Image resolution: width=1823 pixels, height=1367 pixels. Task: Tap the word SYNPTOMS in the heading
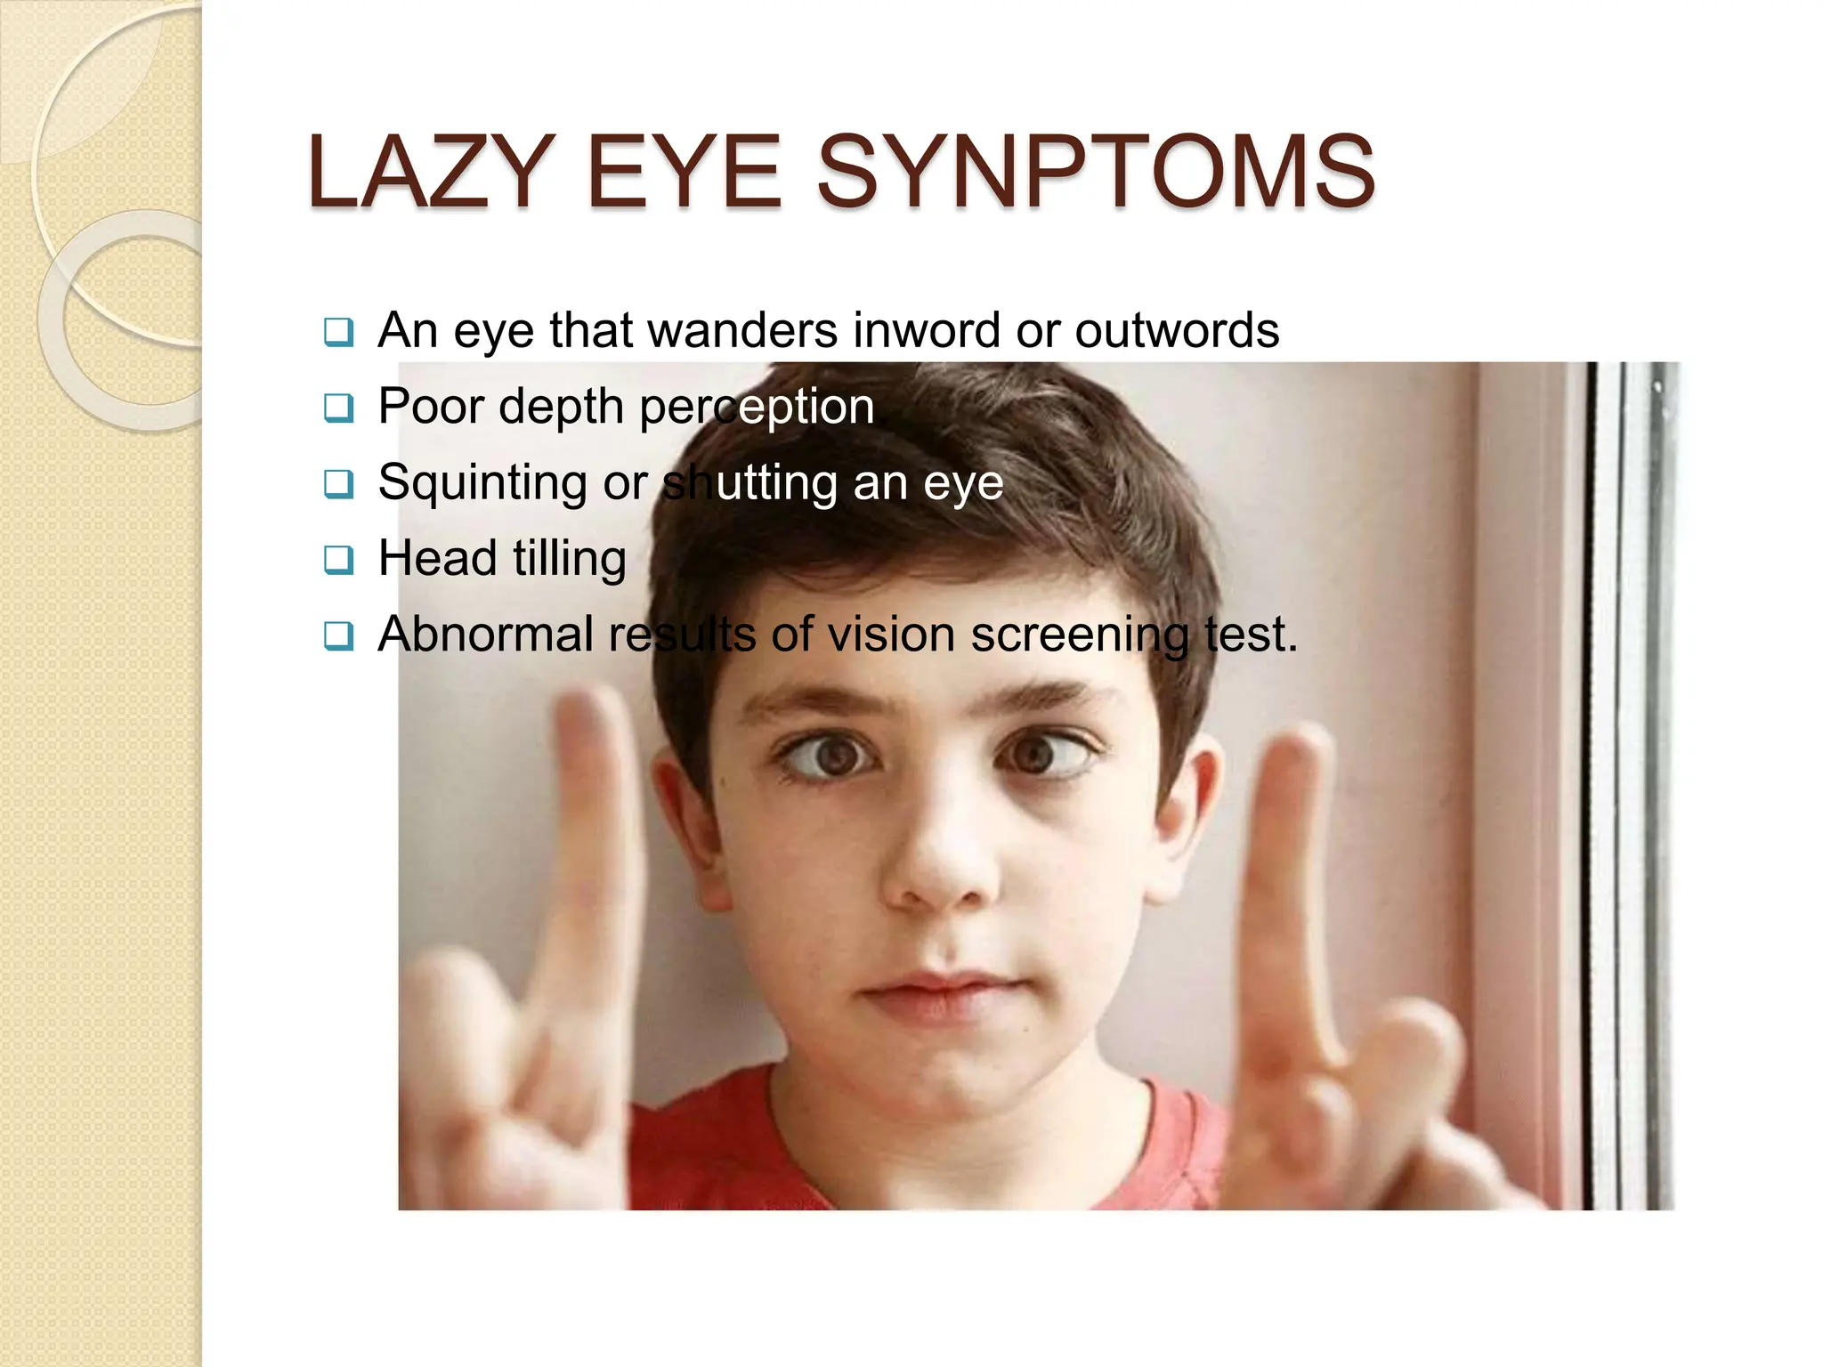point(1095,172)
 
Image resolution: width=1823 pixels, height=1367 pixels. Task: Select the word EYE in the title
point(683,172)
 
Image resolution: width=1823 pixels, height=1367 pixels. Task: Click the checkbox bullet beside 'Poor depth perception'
point(338,408)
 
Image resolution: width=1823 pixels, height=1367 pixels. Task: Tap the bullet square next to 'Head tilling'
point(338,560)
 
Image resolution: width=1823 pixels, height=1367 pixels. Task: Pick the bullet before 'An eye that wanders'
point(338,332)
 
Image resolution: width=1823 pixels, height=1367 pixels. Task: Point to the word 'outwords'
point(1177,331)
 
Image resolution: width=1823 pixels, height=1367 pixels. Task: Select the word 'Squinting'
point(482,483)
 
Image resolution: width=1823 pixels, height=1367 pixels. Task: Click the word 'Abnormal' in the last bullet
point(485,635)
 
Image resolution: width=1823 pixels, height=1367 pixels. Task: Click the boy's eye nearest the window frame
point(1037,755)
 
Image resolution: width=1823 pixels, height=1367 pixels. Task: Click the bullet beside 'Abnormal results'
point(338,635)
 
